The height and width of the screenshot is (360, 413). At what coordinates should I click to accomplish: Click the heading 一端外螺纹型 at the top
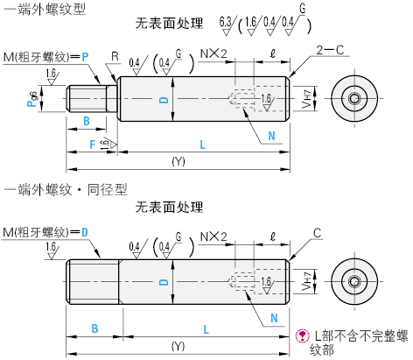pyautogui.click(x=45, y=9)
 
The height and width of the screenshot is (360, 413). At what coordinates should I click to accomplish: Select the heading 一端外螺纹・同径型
pyautogui.click(x=66, y=190)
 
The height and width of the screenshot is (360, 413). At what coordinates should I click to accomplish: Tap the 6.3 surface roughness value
pyautogui.click(x=225, y=22)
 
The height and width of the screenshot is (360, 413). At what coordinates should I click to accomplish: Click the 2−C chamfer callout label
pyautogui.click(x=330, y=50)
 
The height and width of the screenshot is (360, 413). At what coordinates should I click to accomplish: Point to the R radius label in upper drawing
pyautogui.click(x=115, y=56)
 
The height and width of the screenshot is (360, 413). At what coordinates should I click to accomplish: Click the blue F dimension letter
pyautogui.click(x=93, y=145)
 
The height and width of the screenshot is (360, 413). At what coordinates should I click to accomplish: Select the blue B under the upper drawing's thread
pyautogui.click(x=87, y=121)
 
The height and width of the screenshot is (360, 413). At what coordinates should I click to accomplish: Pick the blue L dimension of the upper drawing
pyautogui.click(x=202, y=145)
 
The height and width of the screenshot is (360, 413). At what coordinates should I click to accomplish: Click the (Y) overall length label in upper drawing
pyautogui.click(x=178, y=161)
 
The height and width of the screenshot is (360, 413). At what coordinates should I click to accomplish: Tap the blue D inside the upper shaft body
pyautogui.click(x=164, y=100)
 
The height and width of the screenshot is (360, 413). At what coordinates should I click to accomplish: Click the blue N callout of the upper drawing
pyautogui.click(x=271, y=136)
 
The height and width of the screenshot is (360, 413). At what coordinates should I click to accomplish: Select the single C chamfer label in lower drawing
pyautogui.click(x=317, y=233)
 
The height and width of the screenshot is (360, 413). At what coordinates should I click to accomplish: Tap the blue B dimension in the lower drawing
pyautogui.click(x=94, y=328)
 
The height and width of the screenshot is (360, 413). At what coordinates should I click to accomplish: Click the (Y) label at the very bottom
pyautogui.click(x=178, y=346)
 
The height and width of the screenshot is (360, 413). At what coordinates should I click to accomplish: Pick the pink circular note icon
pyautogui.click(x=303, y=335)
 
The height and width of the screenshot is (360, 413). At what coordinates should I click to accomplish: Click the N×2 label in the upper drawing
pyautogui.click(x=213, y=53)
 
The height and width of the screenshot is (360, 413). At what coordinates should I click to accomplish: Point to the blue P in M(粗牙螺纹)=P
pyautogui.click(x=85, y=57)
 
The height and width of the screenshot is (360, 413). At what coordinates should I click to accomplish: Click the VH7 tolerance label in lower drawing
pyautogui.click(x=306, y=281)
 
